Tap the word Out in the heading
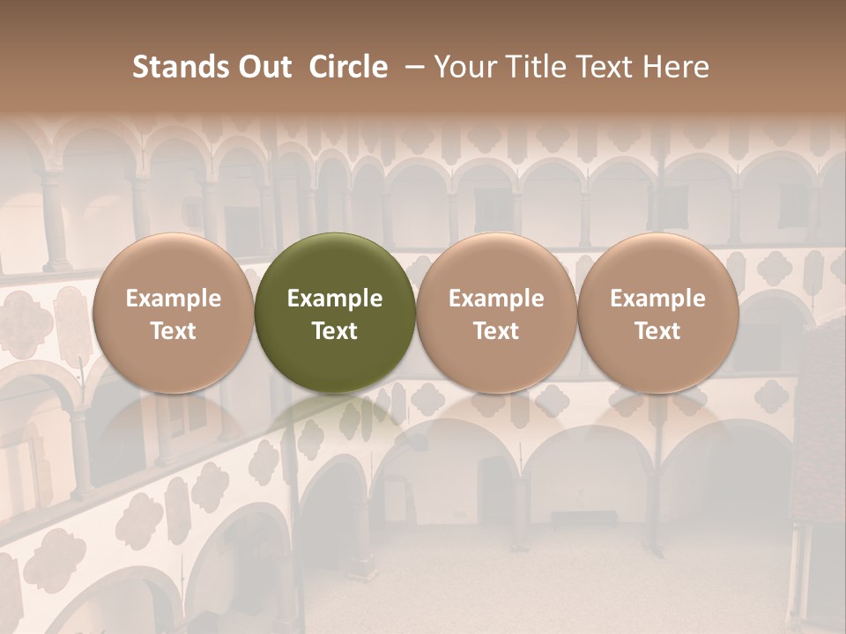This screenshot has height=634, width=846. (263, 67)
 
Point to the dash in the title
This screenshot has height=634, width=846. (412, 67)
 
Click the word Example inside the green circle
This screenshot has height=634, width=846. (335, 299)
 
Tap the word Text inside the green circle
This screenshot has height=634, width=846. (335, 331)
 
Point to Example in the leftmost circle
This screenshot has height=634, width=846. (174, 299)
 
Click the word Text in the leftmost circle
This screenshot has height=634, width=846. (174, 331)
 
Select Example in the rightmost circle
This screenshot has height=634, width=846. (658, 299)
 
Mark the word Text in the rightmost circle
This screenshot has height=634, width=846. (658, 331)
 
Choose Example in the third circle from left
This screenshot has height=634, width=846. (496, 299)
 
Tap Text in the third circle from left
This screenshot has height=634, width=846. (496, 331)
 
